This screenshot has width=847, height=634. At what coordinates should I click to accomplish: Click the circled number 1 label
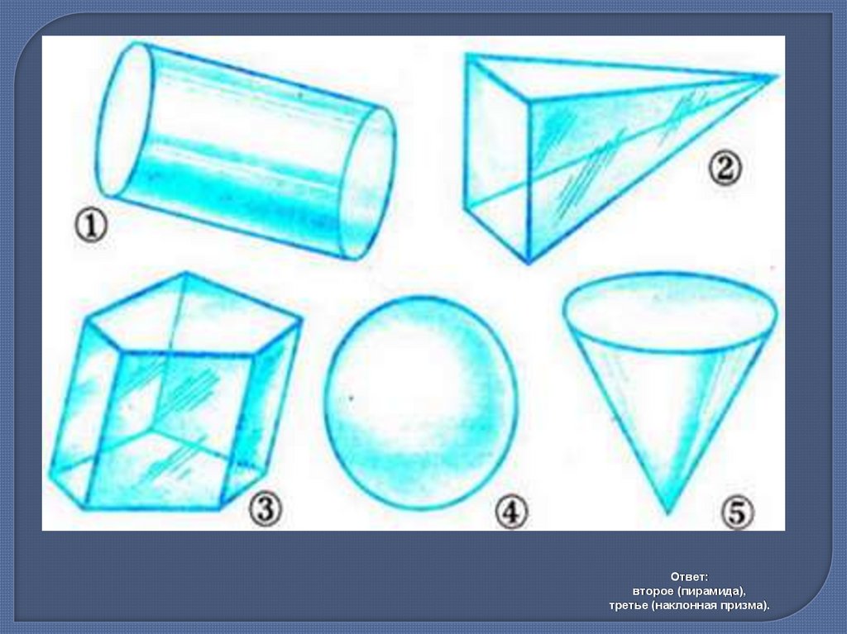pyautogui.click(x=90, y=226)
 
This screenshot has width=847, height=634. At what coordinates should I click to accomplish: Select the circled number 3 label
pyautogui.click(x=266, y=509)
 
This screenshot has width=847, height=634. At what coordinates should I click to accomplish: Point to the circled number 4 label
pyautogui.click(x=511, y=512)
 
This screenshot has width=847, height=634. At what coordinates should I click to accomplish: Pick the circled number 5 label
pyautogui.click(x=737, y=512)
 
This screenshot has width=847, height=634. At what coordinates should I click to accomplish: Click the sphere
pyautogui.click(x=418, y=403)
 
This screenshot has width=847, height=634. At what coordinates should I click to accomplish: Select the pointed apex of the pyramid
pyautogui.click(x=777, y=76)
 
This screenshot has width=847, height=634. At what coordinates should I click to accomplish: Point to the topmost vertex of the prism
pyautogui.click(x=185, y=273)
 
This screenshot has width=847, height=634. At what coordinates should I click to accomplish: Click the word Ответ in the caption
pyautogui.click(x=689, y=576)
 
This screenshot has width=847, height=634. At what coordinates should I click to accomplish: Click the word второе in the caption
pyautogui.click(x=653, y=591)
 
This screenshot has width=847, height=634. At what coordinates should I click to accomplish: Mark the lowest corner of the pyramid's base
pyautogui.click(x=529, y=263)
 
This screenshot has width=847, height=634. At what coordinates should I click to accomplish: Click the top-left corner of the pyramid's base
pyautogui.click(x=467, y=55)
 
